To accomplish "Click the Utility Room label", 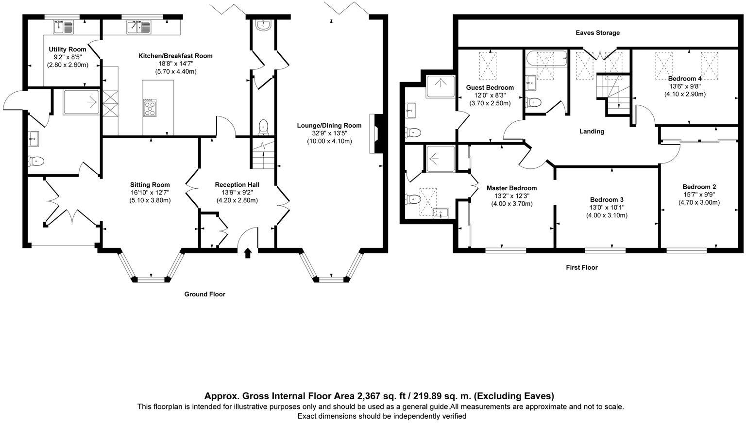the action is click(68, 49).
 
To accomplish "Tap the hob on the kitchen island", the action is click(150, 107).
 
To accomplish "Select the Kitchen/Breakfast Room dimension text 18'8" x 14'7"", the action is click(175, 64).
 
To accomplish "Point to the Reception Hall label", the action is click(237, 184).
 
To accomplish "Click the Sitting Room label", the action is click(150, 184).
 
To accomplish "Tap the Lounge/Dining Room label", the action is click(329, 125).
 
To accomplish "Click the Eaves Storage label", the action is click(597, 33).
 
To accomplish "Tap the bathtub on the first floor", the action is click(546, 59).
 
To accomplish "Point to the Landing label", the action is click(592, 131).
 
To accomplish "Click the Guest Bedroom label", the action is click(490, 87).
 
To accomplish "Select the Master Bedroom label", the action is click(511, 188).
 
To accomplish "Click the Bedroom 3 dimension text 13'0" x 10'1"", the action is click(607, 208).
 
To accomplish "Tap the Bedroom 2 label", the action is click(699, 187).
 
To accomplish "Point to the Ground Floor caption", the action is click(205, 294).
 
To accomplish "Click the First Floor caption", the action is click(582, 267).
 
